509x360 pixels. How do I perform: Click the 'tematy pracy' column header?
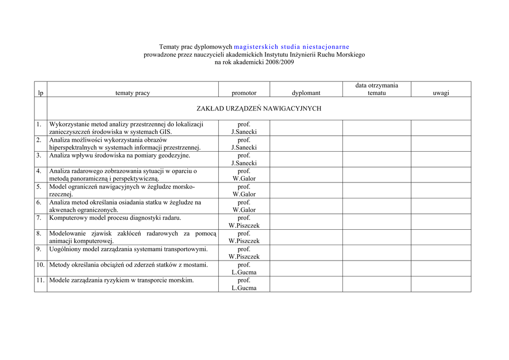132,93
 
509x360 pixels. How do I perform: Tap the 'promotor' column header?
244,93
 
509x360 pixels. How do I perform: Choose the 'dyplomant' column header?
306,93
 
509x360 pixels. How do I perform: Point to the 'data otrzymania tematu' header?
376,89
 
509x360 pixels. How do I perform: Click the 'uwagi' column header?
441,93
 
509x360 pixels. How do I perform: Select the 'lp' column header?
41,93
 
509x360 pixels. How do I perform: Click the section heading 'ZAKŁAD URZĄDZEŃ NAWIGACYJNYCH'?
258,108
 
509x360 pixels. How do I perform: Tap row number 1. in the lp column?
39,124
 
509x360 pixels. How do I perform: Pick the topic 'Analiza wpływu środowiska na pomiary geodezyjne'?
119,155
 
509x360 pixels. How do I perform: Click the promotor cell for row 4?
244,175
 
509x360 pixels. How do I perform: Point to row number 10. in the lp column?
40,265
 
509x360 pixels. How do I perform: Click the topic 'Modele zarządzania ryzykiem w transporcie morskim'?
121,280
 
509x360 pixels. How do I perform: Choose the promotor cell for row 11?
244,284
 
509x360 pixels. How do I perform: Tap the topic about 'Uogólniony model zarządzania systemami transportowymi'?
128,249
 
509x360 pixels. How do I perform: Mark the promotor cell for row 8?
244,237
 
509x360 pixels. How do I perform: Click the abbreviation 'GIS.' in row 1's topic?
166,132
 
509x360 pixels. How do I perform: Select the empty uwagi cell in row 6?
441,206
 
